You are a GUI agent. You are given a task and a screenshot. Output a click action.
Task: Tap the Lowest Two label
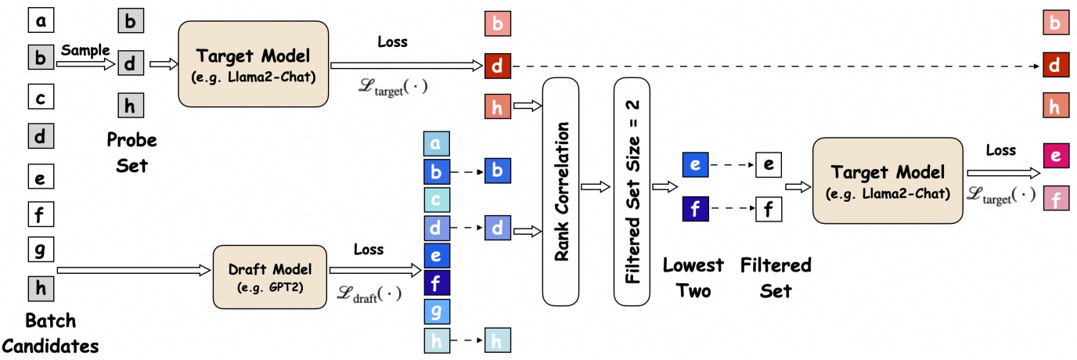[x=693, y=277]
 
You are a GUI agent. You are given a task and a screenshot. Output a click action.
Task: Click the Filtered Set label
[x=775, y=277]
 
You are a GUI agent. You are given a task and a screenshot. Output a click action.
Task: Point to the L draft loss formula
[x=368, y=295]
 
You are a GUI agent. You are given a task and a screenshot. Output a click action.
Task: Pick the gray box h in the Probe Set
[x=131, y=106]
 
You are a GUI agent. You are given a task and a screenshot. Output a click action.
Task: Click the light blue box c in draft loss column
[x=437, y=199]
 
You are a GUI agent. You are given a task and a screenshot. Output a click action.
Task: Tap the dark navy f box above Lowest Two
[x=696, y=209]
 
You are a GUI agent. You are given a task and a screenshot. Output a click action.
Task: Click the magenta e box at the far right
[x=1055, y=157]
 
